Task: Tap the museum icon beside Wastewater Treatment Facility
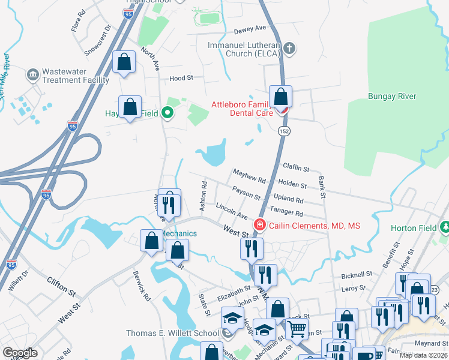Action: pyautogui.click(x=32, y=76)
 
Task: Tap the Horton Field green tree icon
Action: pyautogui.click(x=444, y=227)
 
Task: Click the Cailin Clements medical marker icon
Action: pyautogui.click(x=260, y=225)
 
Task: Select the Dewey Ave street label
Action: pyautogui.click(x=249, y=28)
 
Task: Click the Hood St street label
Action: pyautogui.click(x=181, y=78)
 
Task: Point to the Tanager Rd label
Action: pyautogui.click(x=286, y=212)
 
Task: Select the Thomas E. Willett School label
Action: pyautogui.click(x=172, y=333)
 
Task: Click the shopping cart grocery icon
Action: pyautogui.click(x=297, y=329)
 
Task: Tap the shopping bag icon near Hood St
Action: pyautogui.click(x=124, y=62)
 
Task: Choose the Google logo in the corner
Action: pyautogui.click(x=20, y=353)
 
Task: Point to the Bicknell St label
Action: pyautogui.click(x=357, y=275)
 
